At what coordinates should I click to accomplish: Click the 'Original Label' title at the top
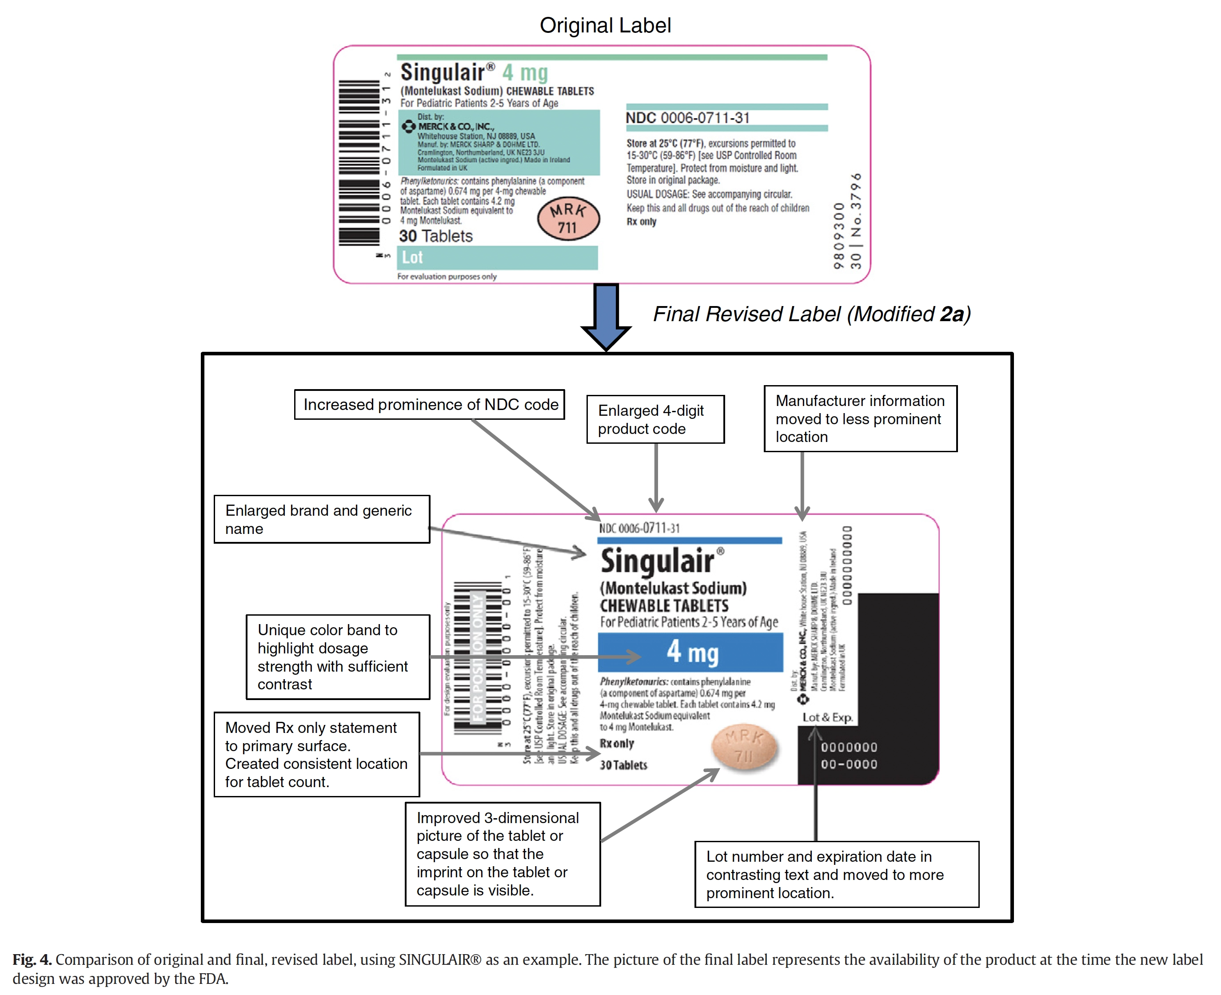click(605, 26)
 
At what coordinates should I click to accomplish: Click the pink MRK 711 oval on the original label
click(568, 219)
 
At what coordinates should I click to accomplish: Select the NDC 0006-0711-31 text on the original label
click(687, 118)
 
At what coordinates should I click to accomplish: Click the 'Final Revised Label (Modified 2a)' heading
click(811, 314)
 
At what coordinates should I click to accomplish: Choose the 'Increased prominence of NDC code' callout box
click(429, 405)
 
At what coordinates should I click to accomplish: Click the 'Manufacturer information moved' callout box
click(860, 419)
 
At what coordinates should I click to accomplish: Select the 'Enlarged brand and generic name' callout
click(322, 519)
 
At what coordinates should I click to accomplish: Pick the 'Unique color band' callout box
click(338, 657)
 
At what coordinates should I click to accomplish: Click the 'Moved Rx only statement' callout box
click(316, 754)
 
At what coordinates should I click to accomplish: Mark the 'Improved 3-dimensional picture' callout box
click(502, 854)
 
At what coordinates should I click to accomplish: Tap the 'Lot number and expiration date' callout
click(836, 875)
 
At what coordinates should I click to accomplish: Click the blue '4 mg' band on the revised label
click(690, 653)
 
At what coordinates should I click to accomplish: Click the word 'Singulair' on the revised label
click(658, 561)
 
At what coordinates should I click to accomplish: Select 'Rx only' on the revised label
click(617, 744)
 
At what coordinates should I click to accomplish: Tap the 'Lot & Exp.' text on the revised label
click(827, 717)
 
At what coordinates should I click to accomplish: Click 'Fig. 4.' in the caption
click(32, 959)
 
